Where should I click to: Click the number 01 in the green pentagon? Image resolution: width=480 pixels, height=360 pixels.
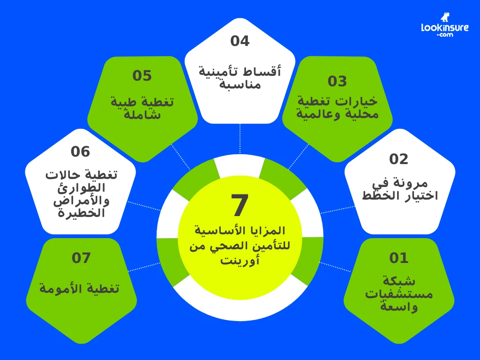399,258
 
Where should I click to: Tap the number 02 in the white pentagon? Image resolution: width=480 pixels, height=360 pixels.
399,159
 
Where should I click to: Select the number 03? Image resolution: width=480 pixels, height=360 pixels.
337,82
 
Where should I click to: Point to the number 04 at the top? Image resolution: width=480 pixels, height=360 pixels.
240,41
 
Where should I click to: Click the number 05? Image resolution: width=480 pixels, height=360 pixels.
142,76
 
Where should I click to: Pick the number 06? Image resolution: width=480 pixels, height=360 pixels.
80,152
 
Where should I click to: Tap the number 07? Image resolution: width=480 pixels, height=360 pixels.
81,258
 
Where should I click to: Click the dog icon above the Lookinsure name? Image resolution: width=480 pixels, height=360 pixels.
445,17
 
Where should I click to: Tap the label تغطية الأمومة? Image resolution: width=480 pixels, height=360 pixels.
80,288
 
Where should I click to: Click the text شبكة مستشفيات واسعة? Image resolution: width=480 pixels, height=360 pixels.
399,294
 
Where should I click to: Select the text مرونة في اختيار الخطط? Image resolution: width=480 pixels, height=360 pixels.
399,189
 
